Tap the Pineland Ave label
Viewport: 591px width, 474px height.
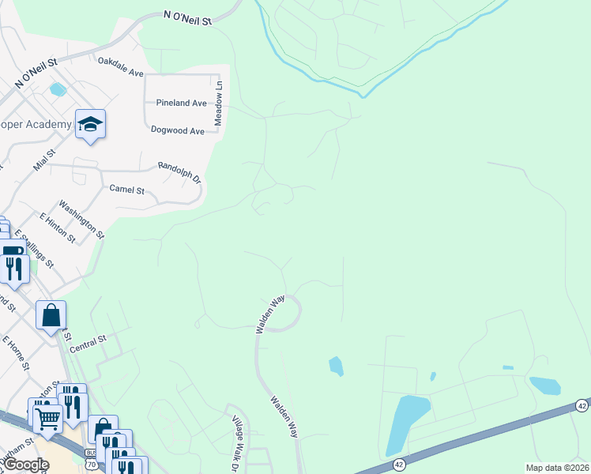[x=181, y=103]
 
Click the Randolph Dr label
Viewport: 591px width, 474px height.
[x=180, y=171]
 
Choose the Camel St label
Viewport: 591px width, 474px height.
[x=126, y=190]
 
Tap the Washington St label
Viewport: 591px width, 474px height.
[x=81, y=221]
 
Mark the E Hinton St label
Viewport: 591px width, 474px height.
[x=57, y=228]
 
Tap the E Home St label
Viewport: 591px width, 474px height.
[x=15, y=353]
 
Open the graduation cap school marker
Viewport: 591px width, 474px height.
[x=90, y=123]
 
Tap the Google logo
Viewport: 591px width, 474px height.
[x=26, y=465]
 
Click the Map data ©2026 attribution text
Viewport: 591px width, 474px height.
[x=556, y=468]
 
